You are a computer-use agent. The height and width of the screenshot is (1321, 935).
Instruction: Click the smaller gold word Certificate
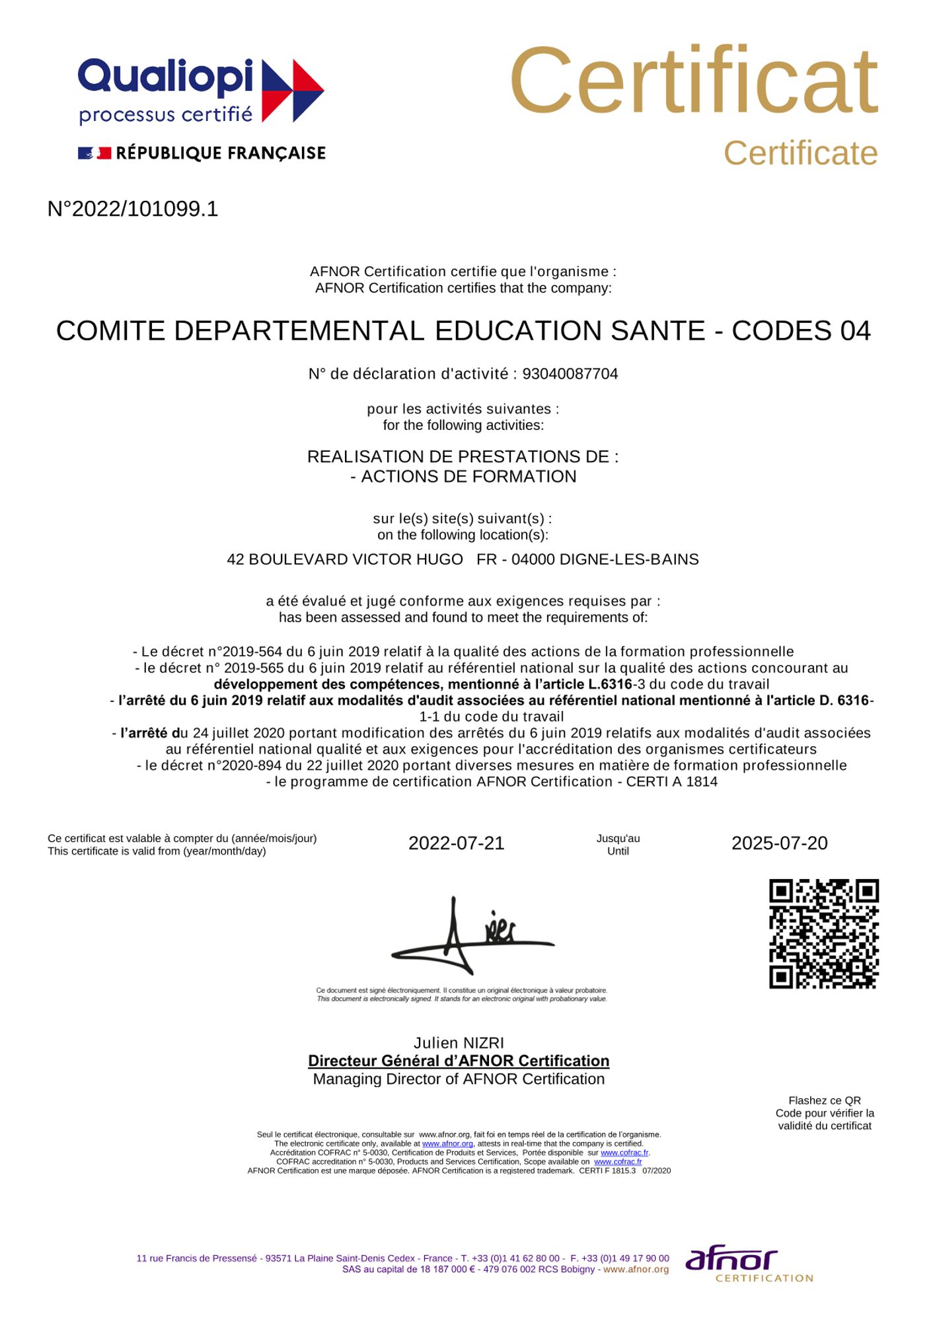pos(800,154)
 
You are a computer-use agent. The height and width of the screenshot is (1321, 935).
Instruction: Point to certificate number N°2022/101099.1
pos(133,209)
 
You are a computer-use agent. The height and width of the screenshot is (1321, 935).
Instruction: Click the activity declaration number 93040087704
pos(570,374)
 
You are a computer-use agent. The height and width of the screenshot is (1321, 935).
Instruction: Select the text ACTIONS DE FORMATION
pos(468,476)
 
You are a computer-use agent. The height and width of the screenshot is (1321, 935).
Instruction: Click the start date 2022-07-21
pos(456,843)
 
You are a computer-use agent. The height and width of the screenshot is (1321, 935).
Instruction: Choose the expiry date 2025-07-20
pos(779,843)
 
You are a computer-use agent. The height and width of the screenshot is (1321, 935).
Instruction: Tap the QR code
pos(823,934)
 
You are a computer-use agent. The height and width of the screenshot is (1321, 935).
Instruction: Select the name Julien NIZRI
pos(459,1043)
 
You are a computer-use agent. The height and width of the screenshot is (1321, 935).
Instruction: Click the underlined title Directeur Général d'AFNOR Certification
pos(459,1061)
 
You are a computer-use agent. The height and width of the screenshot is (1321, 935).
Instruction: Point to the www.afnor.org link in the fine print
pos(447,1143)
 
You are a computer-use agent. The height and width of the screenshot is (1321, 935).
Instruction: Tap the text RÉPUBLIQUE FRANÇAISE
pos(221,153)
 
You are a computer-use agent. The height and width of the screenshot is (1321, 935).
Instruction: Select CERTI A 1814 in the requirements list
pos(671,782)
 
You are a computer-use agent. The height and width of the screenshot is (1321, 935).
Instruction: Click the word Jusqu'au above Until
pos(618,839)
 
